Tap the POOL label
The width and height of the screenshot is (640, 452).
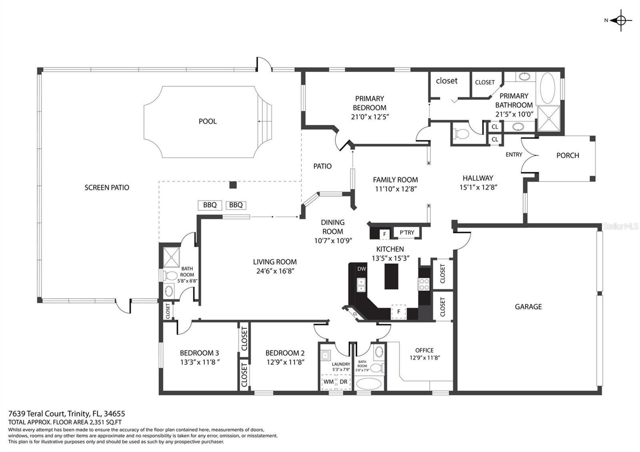[208, 122]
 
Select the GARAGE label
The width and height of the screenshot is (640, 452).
[528, 306]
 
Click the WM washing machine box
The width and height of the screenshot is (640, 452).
[328, 382]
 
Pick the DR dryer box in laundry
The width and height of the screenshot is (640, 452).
[344, 382]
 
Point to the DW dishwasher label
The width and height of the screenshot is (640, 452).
[362, 268]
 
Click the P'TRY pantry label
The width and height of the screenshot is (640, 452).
[407, 232]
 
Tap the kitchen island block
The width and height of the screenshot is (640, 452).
[392, 276]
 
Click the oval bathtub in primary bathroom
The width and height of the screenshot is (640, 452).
[548, 88]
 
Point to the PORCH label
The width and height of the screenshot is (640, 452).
[568, 156]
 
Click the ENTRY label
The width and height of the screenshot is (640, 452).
[514, 154]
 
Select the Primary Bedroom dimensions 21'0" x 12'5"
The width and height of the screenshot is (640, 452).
[370, 117]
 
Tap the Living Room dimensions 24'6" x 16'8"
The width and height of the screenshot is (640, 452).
[275, 271]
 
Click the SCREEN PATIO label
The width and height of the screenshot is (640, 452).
[107, 188]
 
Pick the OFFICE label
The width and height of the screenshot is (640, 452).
[424, 350]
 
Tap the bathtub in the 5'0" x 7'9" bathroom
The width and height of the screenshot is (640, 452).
[369, 384]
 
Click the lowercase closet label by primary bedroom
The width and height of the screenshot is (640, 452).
[446, 81]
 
